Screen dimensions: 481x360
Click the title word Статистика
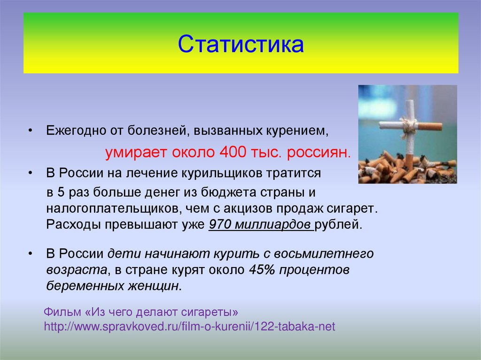tap(241, 44)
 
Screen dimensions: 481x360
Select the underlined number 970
tap(219, 224)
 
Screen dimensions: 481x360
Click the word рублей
tap(339, 225)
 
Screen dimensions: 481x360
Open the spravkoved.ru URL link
tap(190, 326)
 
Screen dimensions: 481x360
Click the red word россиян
tap(319, 153)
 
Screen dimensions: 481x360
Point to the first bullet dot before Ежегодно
tap(30, 131)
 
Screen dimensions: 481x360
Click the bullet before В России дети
tap(30, 254)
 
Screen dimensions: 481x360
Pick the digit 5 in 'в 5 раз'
tap(61, 192)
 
